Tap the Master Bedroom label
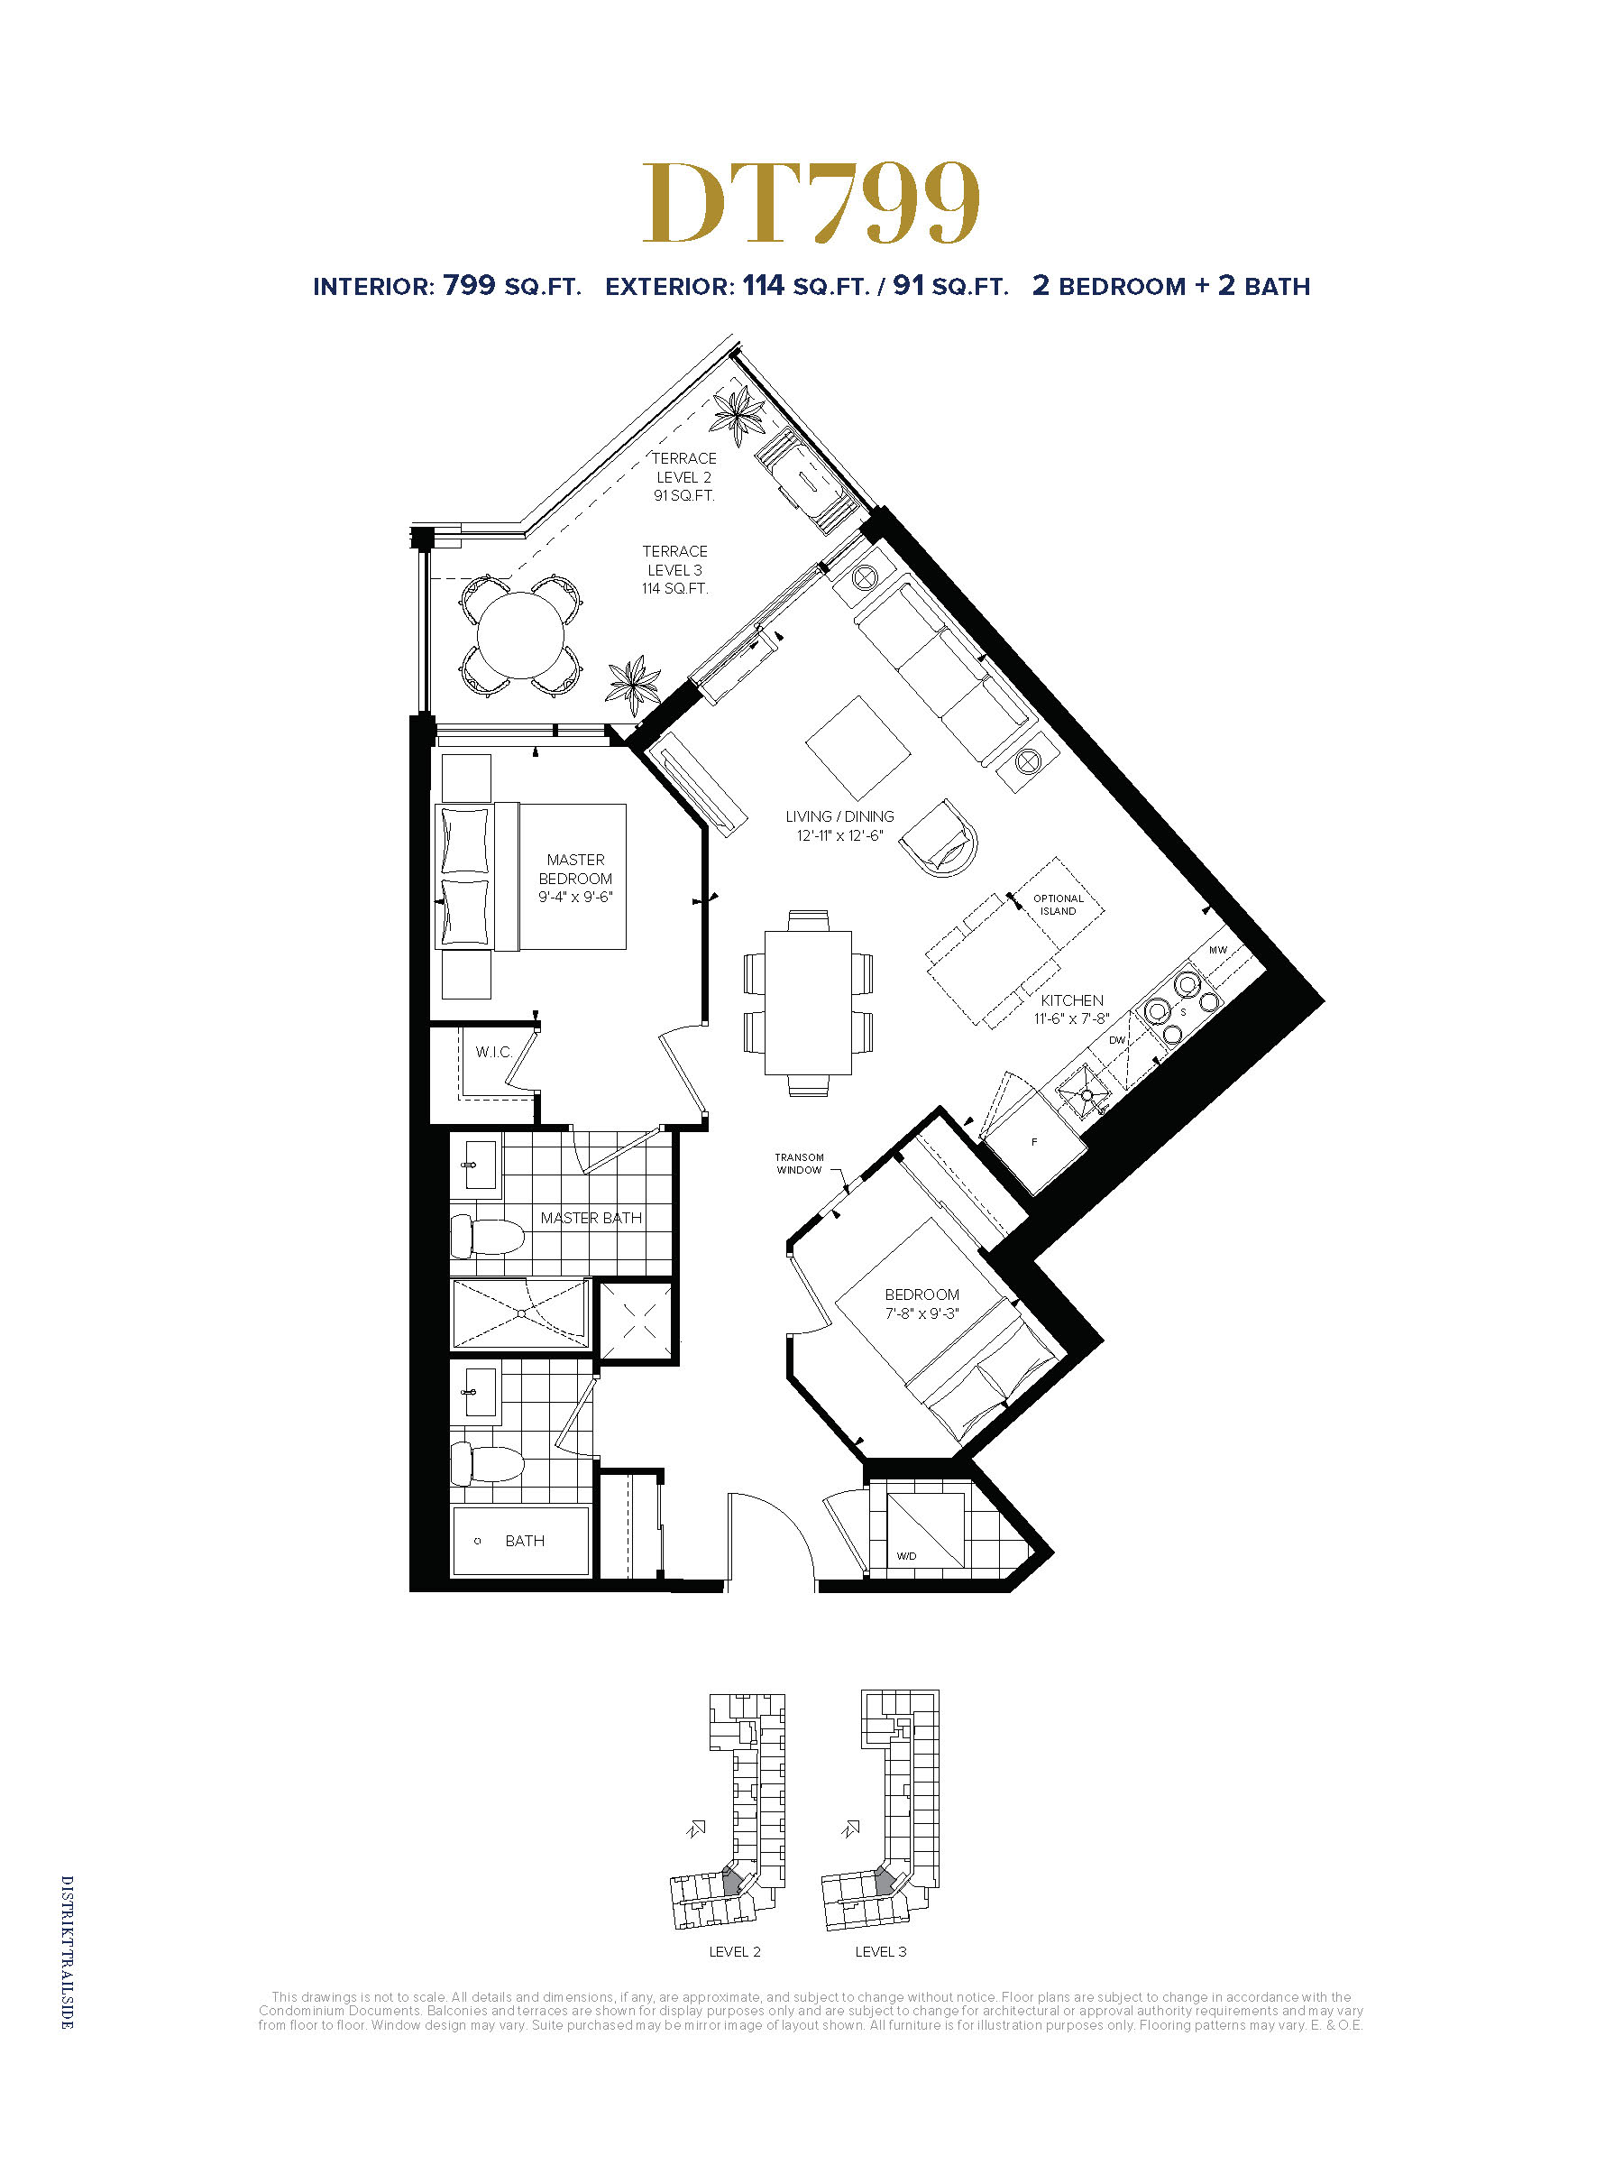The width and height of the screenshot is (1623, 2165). [575, 878]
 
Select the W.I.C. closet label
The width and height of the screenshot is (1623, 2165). [494, 1052]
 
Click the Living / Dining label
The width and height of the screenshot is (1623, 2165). [839, 825]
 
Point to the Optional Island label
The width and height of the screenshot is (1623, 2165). [1059, 905]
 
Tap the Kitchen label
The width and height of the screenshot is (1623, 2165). [1071, 1009]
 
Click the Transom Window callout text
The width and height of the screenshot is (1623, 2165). [799, 1164]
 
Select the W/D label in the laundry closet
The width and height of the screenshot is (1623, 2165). [906, 1556]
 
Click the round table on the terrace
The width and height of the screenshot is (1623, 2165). [520, 635]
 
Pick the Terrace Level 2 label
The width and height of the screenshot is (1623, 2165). [683, 476]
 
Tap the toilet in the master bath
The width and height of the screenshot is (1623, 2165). [487, 1237]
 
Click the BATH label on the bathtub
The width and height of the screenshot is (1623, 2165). [525, 1541]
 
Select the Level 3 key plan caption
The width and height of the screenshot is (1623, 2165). [880, 1951]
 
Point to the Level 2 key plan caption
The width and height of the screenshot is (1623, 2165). [735, 1951]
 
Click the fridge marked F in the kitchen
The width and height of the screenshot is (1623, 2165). [1033, 1141]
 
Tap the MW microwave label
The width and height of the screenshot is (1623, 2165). [1218, 949]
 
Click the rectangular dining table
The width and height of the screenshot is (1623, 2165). [808, 1002]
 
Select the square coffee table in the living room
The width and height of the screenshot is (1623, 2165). [858, 748]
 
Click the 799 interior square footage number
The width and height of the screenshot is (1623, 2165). [469, 285]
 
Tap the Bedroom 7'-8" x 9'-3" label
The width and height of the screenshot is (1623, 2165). [922, 1304]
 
